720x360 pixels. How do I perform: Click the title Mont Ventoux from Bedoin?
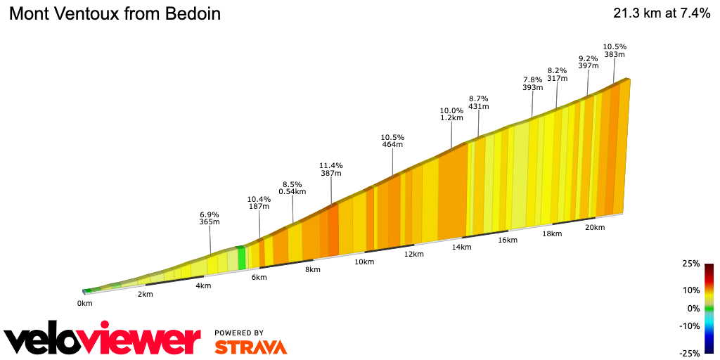(x=115, y=14)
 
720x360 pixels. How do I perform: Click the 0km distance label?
(x=84, y=303)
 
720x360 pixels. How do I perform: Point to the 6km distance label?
(x=259, y=277)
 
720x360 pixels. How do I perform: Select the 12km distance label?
(x=413, y=254)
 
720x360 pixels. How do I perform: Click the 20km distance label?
(x=595, y=227)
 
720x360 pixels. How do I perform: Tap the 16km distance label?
(x=507, y=240)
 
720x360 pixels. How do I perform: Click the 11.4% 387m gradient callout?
(x=330, y=169)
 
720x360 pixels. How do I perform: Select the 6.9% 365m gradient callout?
(x=210, y=218)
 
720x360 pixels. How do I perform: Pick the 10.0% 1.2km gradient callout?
(x=451, y=114)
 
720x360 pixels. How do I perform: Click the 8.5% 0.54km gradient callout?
(x=292, y=187)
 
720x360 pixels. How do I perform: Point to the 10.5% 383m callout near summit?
(x=614, y=51)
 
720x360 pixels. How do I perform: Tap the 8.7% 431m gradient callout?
(x=478, y=103)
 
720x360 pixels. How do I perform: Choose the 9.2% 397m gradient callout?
(x=588, y=62)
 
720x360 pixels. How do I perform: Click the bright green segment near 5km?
(x=241, y=258)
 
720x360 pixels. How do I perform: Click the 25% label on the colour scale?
(x=690, y=264)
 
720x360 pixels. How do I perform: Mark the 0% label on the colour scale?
(x=693, y=308)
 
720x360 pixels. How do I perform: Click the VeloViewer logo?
(x=103, y=340)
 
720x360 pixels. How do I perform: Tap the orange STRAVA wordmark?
(x=250, y=347)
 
